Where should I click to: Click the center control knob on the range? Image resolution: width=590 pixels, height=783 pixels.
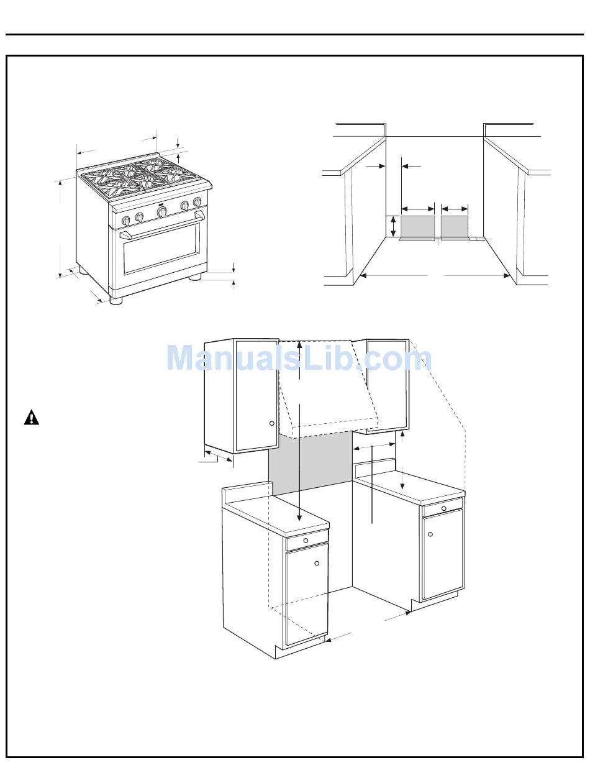161,212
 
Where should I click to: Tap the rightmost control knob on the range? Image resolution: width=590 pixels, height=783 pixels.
197,202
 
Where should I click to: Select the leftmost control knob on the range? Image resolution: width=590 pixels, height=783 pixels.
126,221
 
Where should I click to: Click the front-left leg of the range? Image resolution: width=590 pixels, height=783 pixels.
116,300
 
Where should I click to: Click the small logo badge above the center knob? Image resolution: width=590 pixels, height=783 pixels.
161,203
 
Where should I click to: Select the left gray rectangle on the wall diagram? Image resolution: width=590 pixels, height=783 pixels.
418,226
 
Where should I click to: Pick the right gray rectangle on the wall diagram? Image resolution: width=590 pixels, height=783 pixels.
455,226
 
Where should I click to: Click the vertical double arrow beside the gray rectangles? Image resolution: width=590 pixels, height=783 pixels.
393,226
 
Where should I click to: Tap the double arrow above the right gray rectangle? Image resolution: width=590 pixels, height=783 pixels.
455,208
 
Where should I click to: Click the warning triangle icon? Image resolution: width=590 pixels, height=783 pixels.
32,418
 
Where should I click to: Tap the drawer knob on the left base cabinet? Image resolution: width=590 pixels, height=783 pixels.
306,541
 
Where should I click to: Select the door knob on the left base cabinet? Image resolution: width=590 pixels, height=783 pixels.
317,563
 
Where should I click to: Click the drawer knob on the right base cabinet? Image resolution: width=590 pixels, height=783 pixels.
443,508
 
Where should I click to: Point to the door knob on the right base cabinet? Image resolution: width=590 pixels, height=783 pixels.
430,534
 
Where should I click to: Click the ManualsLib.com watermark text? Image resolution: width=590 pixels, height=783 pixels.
299,359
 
